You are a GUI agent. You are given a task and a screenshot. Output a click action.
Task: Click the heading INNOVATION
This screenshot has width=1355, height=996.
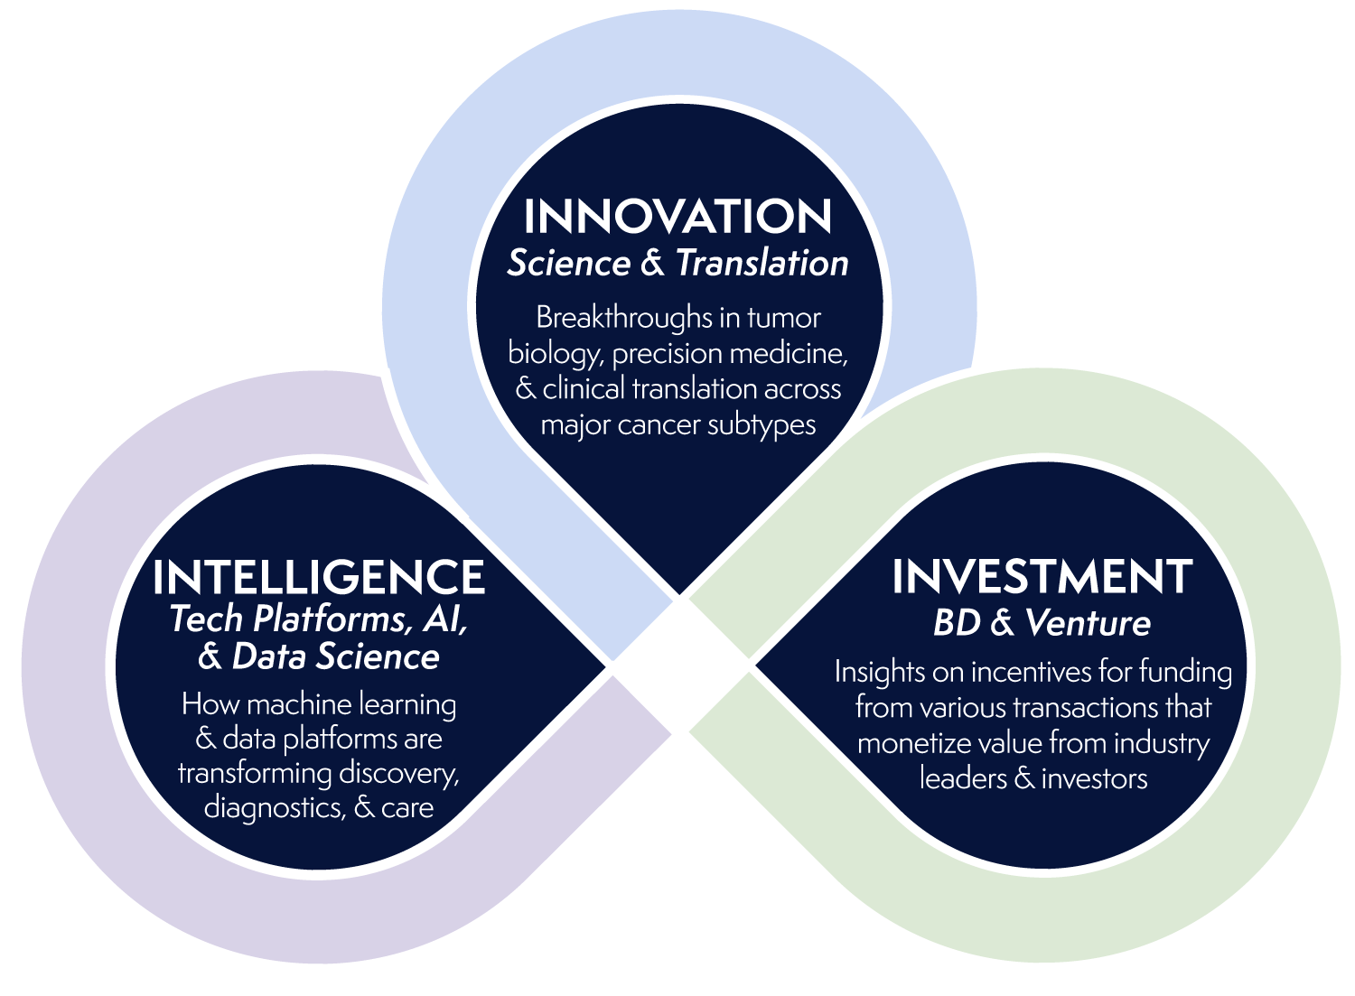677,216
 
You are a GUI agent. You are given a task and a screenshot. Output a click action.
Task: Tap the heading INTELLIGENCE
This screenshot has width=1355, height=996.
319,577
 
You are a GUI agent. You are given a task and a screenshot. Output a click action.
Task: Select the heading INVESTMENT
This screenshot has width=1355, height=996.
1042,576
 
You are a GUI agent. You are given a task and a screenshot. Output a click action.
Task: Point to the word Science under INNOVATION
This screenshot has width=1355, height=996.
568,263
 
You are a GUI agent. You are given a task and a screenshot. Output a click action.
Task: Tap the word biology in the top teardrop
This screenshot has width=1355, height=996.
556,354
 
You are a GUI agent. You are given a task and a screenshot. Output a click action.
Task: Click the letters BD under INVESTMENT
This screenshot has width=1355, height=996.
957,622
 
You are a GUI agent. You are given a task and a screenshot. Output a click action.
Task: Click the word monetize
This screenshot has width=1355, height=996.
913,743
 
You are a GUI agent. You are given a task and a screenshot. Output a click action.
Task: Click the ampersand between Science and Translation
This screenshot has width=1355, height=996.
653,263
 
